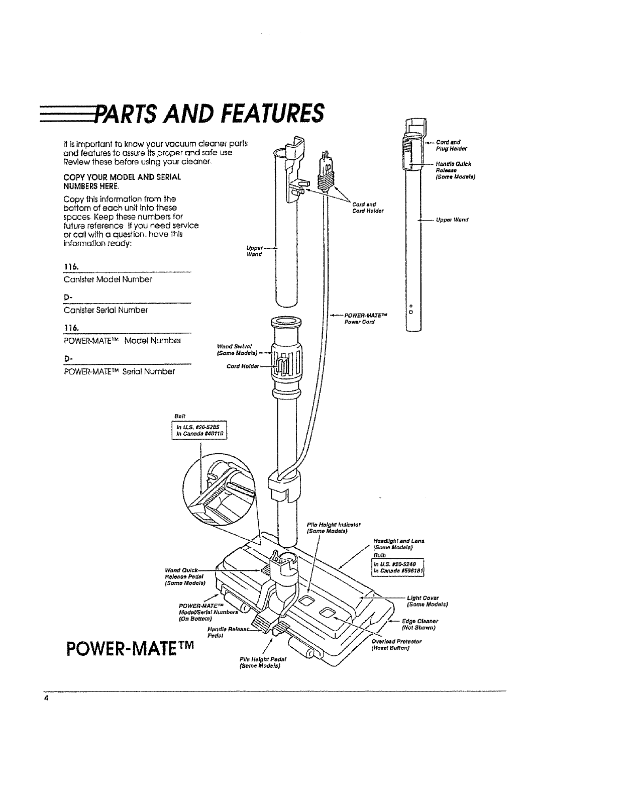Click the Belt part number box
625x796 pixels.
tap(200, 431)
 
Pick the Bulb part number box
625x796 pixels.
tap(397, 566)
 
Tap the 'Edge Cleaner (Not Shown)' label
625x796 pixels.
tap(419, 624)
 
